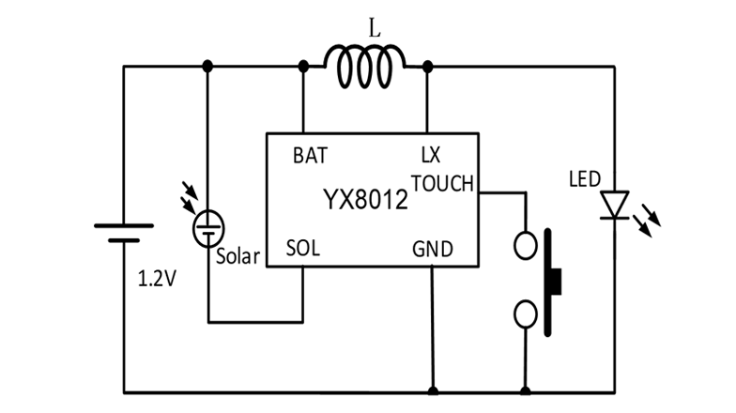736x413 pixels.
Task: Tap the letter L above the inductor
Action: coord(376,29)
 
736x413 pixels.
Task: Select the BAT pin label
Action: coord(310,157)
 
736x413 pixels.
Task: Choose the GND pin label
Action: coord(433,250)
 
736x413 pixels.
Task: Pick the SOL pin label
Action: coord(304,251)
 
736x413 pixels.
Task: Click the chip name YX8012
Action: coord(366,200)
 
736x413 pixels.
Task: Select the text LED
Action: coord(585,178)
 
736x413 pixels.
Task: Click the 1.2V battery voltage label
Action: coord(157,279)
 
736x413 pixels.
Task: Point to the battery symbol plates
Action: coord(123,232)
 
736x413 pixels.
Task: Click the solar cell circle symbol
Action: coord(207,228)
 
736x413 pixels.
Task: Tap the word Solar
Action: coord(238,256)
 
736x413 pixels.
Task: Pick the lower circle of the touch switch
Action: coord(526,312)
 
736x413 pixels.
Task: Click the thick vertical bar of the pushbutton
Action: coord(547,279)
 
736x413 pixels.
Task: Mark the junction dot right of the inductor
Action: coord(428,66)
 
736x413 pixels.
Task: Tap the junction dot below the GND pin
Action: coord(433,391)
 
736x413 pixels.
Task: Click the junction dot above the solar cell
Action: coord(207,66)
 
